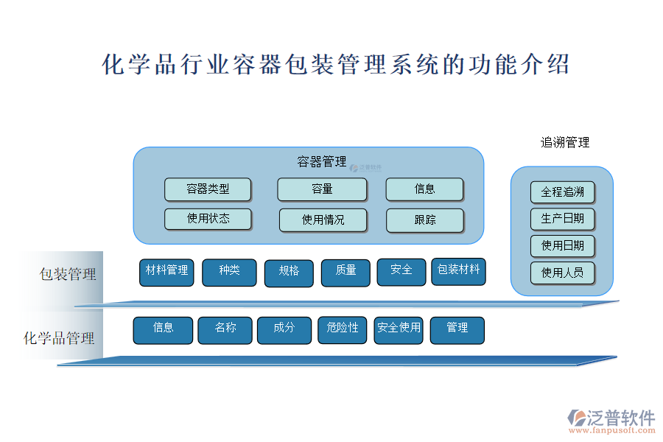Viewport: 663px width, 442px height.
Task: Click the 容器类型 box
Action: click(208, 189)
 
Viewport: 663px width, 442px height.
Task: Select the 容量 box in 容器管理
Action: click(322, 189)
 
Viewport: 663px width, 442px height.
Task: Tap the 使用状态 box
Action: click(208, 219)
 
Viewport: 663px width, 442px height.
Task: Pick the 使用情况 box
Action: click(323, 220)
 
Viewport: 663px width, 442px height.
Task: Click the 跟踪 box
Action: click(425, 220)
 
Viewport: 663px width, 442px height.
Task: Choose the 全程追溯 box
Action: click(562, 192)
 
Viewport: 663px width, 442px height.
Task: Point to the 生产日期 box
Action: click(562, 219)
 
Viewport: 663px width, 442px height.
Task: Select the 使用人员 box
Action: click(562, 273)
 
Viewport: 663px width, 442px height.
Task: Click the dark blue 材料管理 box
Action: click(167, 271)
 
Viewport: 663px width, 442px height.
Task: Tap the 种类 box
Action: click(229, 271)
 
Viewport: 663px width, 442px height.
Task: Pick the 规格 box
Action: click(289, 272)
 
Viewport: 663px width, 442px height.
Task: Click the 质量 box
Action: click(345, 272)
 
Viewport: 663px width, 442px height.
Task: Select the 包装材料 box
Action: click(458, 270)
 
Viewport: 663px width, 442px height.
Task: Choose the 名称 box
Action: click(225, 329)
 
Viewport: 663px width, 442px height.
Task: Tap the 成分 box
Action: click(284, 329)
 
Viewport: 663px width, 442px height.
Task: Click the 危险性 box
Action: click(343, 329)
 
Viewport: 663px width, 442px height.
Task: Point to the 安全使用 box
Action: click(399, 329)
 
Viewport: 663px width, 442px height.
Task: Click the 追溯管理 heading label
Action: click(565, 143)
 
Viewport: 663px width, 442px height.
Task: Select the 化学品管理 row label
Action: click(59, 338)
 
